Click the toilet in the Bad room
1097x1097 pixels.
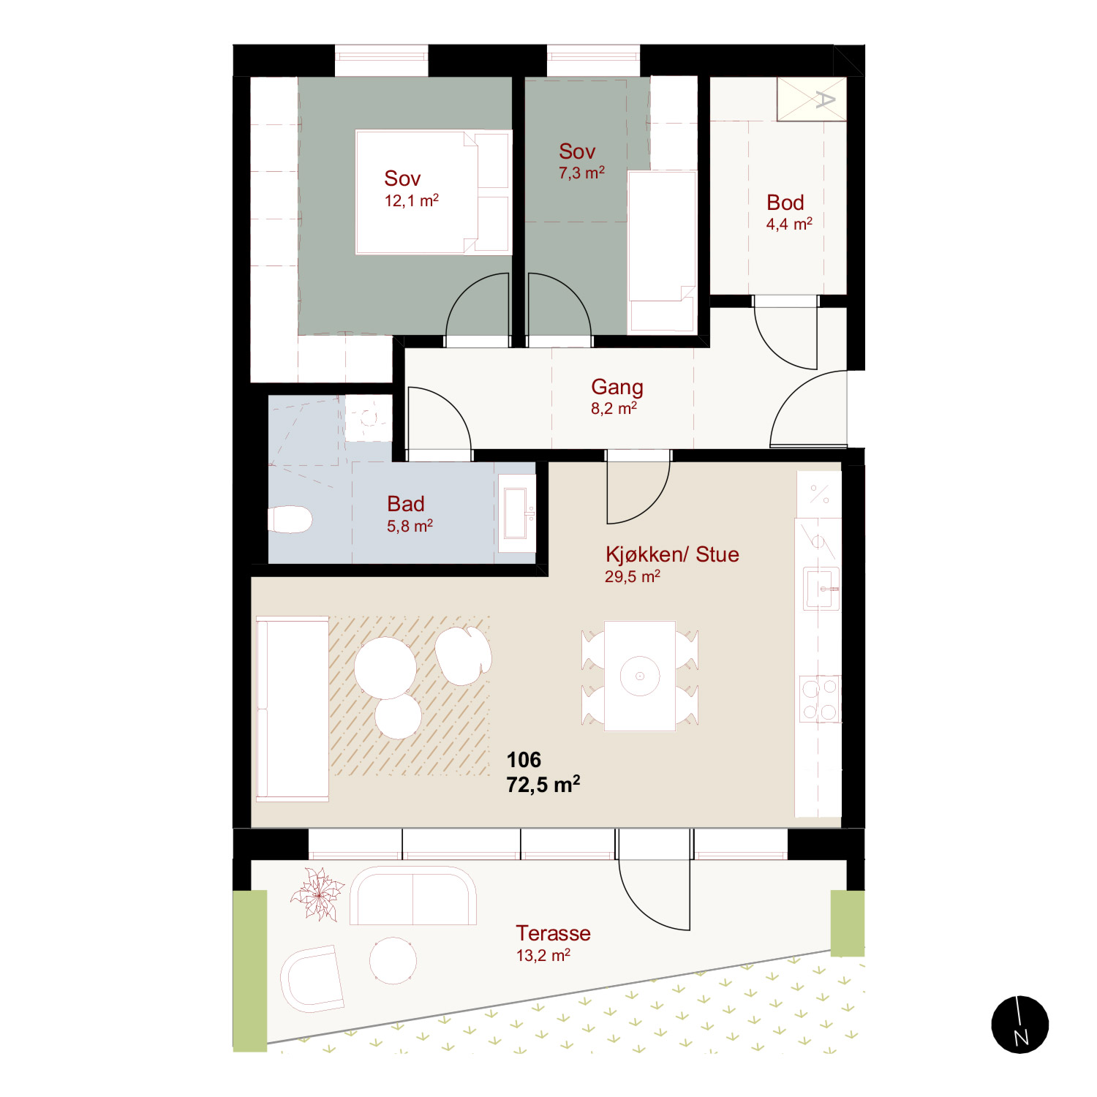coord(290,520)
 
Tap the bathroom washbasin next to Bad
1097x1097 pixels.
coord(517,513)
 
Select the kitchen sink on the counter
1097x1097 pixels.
coord(821,588)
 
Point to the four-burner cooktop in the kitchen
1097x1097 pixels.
coord(820,698)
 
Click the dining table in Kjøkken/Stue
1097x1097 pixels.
coord(640,676)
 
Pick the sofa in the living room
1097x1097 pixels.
coord(292,709)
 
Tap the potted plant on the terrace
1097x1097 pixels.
coord(318,894)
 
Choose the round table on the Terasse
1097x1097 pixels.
coord(393,960)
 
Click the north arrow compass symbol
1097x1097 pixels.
coord(1020,1025)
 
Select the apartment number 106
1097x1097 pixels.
coord(524,760)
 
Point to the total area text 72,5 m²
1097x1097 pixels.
coord(543,785)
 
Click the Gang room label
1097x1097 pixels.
coord(617,387)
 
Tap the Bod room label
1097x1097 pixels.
coord(785,203)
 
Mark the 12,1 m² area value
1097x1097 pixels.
coord(412,200)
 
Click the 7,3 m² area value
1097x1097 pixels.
coord(581,173)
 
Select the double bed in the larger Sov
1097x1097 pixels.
coord(432,192)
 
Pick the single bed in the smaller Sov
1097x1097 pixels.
coord(663,252)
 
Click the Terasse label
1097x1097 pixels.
coord(553,933)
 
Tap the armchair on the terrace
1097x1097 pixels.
coord(312,979)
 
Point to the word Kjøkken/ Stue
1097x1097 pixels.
coord(672,554)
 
